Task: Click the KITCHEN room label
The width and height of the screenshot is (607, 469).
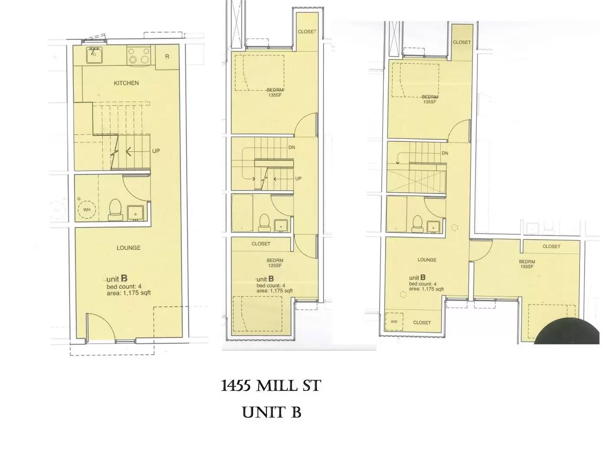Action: [126, 83]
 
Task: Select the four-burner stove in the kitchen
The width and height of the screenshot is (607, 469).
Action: [139, 56]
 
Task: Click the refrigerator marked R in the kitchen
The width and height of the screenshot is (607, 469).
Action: [167, 57]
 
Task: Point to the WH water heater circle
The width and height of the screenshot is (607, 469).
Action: [87, 210]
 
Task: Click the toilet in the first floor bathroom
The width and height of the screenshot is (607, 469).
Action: [115, 208]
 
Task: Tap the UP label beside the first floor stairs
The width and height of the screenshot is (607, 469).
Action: [156, 151]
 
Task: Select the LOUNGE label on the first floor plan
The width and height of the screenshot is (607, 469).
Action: [129, 248]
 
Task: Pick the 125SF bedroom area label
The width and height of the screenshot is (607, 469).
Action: [274, 266]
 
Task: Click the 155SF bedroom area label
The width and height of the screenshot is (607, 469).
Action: [527, 267]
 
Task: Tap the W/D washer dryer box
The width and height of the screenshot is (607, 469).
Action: [394, 322]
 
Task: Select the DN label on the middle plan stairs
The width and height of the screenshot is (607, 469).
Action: [291, 148]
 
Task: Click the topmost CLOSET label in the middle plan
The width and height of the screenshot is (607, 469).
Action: [307, 32]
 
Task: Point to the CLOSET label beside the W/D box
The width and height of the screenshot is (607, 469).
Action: [422, 323]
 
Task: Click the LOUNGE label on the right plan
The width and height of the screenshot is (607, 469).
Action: [427, 260]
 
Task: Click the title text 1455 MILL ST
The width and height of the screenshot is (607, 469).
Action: [271, 386]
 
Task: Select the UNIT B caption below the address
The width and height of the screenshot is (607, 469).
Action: [272, 412]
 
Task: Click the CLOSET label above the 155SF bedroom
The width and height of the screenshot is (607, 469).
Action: [551, 247]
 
